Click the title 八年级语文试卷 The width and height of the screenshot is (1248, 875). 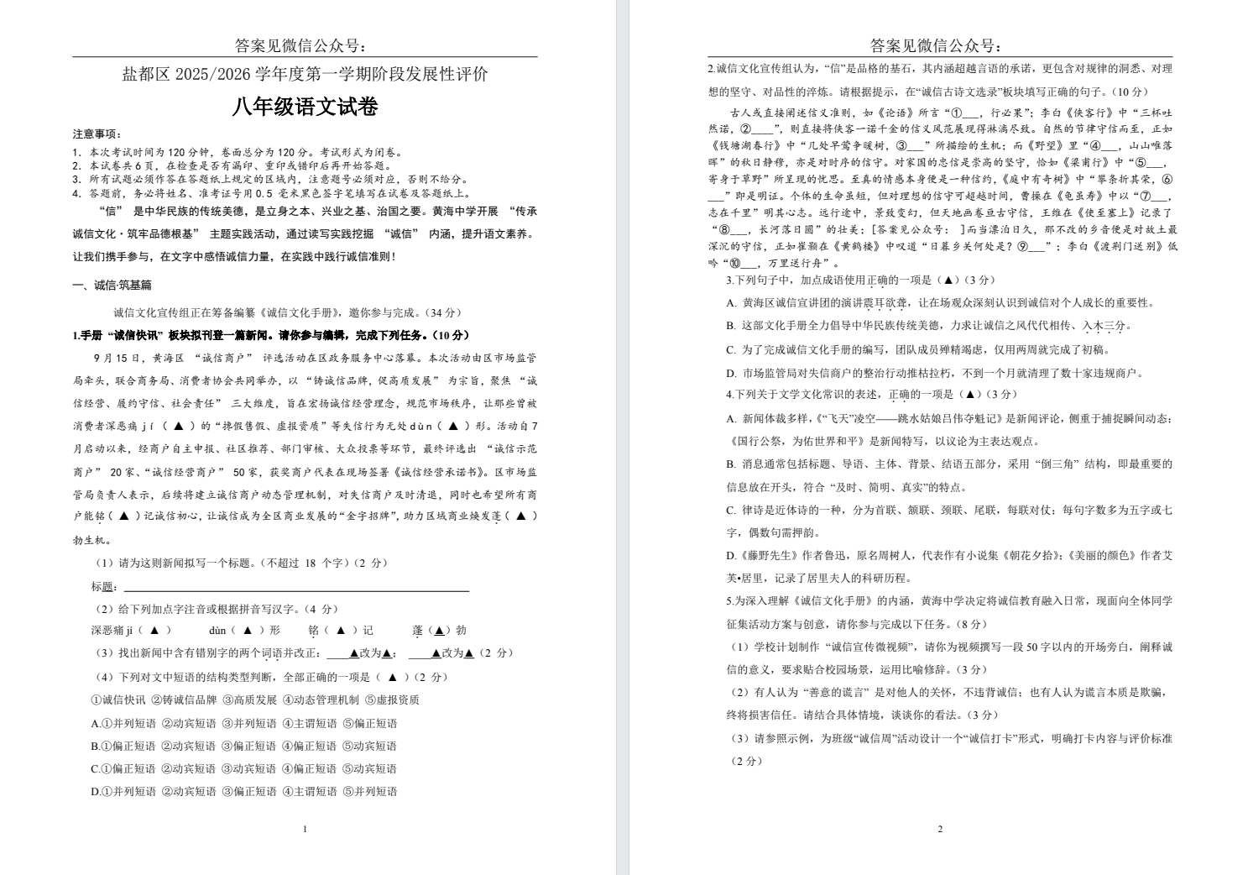click(x=305, y=107)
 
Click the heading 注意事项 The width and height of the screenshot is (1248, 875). click(x=97, y=134)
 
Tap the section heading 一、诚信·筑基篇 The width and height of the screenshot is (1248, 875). click(x=112, y=286)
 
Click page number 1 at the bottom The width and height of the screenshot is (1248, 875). click(x=305, y=829)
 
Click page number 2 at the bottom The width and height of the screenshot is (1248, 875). click(x=940, y=829)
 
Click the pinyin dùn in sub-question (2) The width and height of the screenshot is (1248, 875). click(x=217, y=630)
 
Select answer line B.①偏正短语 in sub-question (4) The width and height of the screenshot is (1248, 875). click(x=243, y=746)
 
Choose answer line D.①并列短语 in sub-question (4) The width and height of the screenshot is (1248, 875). click(x=243, y=791)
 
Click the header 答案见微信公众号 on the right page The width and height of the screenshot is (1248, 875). click(x=935, y=45)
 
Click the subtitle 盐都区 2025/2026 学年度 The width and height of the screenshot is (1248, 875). click(x=305, y=75)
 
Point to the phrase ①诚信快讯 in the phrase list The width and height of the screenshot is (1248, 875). click(x=118, y=699)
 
